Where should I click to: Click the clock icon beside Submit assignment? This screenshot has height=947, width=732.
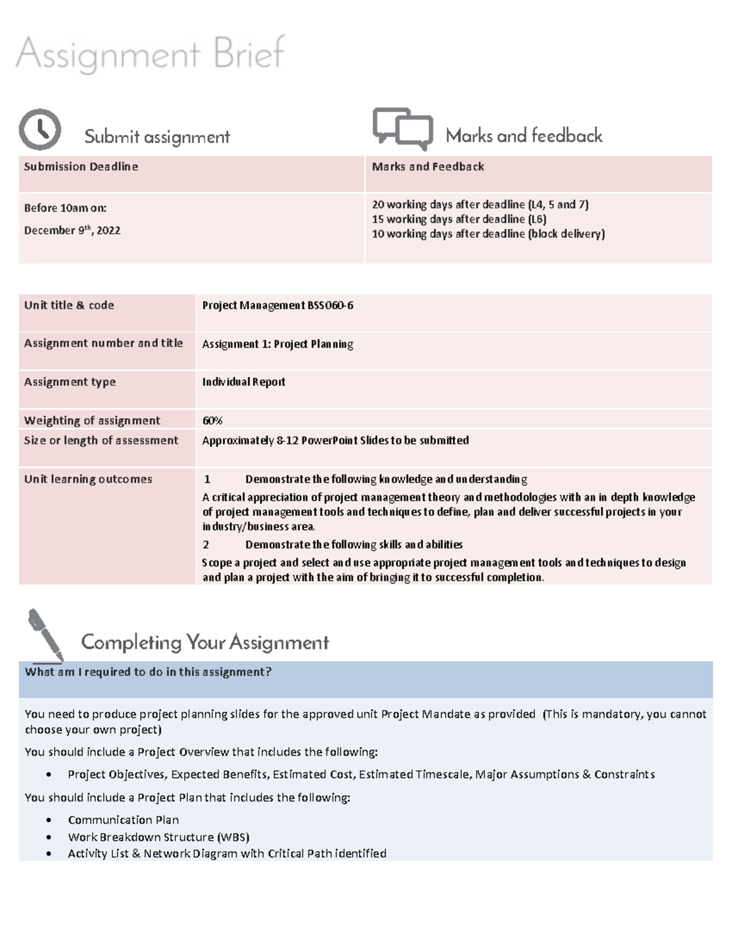(40, 129)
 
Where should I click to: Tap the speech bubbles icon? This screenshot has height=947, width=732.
(403, 128)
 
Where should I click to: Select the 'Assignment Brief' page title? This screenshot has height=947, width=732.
(150, 54)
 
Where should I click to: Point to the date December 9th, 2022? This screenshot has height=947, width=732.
(72, 230)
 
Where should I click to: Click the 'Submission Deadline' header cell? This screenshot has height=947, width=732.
(81, 166)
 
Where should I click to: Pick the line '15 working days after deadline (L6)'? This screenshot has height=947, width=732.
(459, 219)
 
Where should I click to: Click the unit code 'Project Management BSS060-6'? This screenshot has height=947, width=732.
(278, 306)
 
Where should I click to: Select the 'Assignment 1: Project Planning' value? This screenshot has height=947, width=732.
(278, 344)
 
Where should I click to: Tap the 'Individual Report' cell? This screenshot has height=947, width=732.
(243, 382)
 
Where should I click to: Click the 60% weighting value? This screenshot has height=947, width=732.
(212, 421)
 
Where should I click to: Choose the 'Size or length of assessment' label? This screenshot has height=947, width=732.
(101, 440)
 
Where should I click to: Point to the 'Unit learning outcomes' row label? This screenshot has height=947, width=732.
(88, 479)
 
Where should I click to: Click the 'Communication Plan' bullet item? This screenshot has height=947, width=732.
(123, 820)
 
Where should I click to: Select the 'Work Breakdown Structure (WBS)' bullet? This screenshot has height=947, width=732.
(159, 837)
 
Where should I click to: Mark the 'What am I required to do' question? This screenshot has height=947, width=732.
(148, 672)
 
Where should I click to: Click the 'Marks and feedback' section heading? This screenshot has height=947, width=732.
(524, 135)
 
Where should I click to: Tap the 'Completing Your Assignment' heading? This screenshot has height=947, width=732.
(205, 642)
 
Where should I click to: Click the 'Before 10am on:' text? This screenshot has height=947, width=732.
(65, 208)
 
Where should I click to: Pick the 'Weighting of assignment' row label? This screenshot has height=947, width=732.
(92, 421)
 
